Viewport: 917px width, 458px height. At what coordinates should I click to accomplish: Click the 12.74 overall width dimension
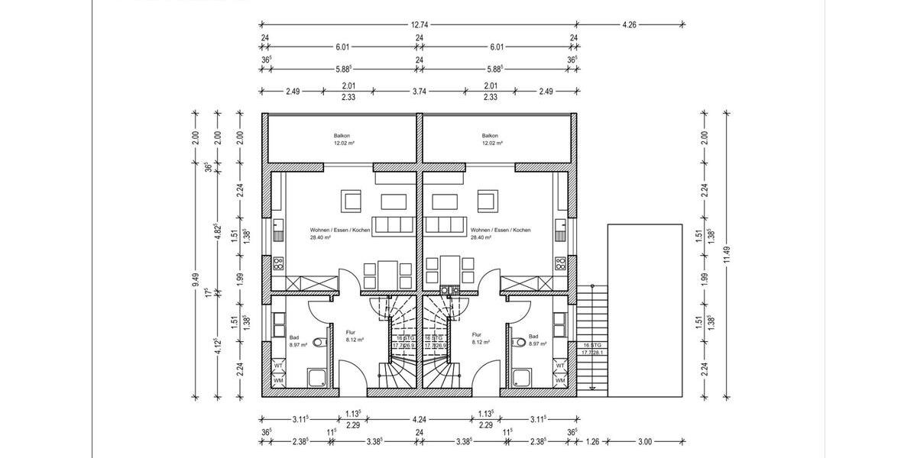(418, 24)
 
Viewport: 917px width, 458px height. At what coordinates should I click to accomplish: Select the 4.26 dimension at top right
(629, 24)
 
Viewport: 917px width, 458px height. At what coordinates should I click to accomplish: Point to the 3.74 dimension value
(419, 91)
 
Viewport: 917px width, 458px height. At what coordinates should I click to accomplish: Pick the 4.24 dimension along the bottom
(419, 419)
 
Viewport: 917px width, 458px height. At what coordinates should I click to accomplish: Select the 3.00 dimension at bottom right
(646, 440)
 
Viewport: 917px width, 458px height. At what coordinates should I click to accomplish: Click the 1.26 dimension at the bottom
(593, 440)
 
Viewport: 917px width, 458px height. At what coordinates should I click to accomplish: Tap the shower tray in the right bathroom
(523, 376)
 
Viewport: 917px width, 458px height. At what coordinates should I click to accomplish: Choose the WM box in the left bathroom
(278, 380)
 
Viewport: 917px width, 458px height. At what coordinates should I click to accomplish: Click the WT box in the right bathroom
(560, 366)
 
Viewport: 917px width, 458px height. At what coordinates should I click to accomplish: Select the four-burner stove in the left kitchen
(278, 264)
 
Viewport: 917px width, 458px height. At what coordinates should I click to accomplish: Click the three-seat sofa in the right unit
(446, 225)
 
